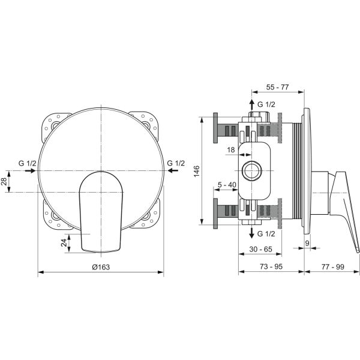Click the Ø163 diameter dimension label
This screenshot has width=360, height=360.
[101, 267]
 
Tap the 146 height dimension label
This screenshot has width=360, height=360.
[197, 171]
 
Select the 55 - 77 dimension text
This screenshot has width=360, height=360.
[277, 87]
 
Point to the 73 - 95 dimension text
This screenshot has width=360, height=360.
[271, 266]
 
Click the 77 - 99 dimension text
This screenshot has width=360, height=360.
[332, 266]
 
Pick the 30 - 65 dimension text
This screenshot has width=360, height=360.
[260, 249]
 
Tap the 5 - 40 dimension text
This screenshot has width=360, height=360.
[227, 185]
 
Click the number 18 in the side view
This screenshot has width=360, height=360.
[231, 150]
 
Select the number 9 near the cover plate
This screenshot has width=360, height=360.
[307, 244]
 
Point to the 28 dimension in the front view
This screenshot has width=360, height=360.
[4, 181]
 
